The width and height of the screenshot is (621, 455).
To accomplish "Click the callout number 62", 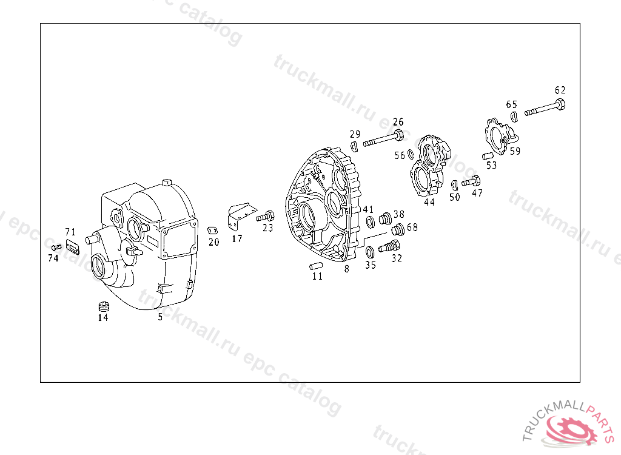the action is tap(560, 90).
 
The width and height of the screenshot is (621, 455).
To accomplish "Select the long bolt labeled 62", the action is tap(545, 108).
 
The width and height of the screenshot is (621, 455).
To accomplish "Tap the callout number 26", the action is tap(398, 122).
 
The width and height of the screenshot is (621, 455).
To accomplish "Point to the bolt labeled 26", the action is tap(383, 138).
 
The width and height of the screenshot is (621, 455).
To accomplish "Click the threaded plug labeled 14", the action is tap(104, 306).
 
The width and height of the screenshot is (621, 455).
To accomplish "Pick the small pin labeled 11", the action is tap(315, 266).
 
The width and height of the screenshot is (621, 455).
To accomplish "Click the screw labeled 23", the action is tap(266, 217).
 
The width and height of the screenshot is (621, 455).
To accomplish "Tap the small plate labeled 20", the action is tap(213, 231).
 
